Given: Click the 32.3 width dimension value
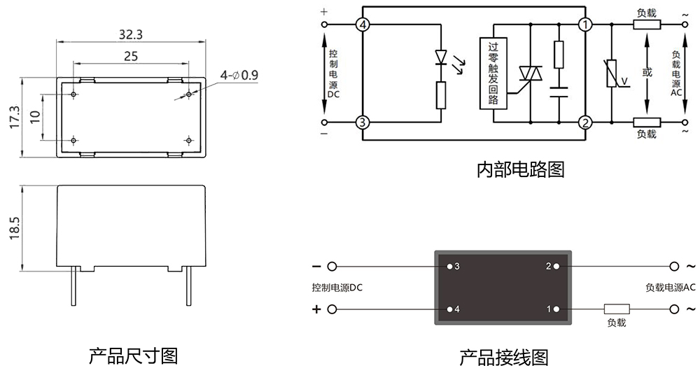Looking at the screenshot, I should (x=131, y=34).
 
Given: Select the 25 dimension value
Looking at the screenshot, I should (x=130, y=57).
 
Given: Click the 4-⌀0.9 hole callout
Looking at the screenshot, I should (x=239, y=74).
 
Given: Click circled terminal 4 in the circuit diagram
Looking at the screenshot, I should (x=362, y=24).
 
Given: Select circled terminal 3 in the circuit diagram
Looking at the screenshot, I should (x=362, y=122).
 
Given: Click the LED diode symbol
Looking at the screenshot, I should (x=441, y=55).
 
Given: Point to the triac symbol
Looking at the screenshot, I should (x=530, y=74).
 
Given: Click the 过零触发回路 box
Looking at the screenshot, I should (x=493, y=72).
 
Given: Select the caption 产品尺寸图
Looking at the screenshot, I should (x=133, y=355).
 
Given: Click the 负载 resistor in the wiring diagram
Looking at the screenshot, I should (x=617, y=309).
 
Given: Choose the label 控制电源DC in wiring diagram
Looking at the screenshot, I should (x=337, y=288).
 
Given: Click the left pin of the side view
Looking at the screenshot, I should (x=72, y=286).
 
